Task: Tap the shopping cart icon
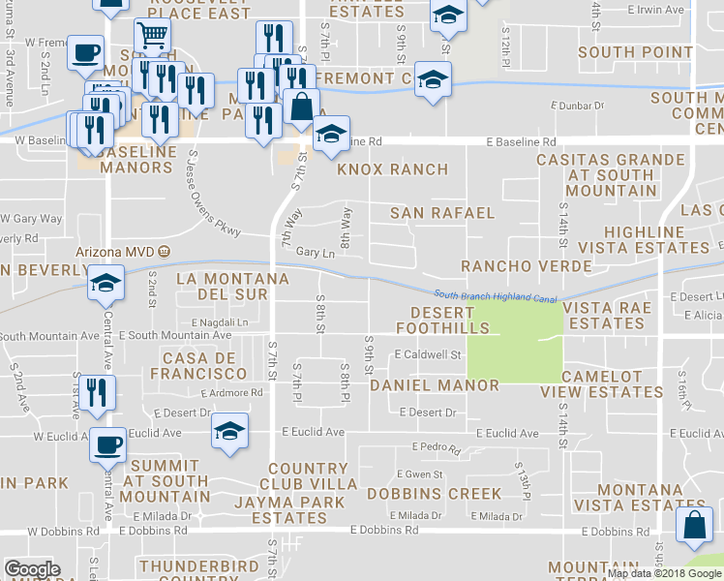coord(152,38)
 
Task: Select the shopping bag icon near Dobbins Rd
coord(695,528)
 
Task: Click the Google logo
coord(32,569)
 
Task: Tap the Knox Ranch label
coord(392,169)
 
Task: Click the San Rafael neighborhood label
coord(442,213)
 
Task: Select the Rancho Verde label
coord(527,266)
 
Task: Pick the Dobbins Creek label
coord(435,494)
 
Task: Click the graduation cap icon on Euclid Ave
coord(229,430)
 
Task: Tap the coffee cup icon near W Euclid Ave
coord(106,444)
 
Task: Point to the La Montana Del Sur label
coord(232,287)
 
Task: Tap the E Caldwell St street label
coord(427,355)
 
